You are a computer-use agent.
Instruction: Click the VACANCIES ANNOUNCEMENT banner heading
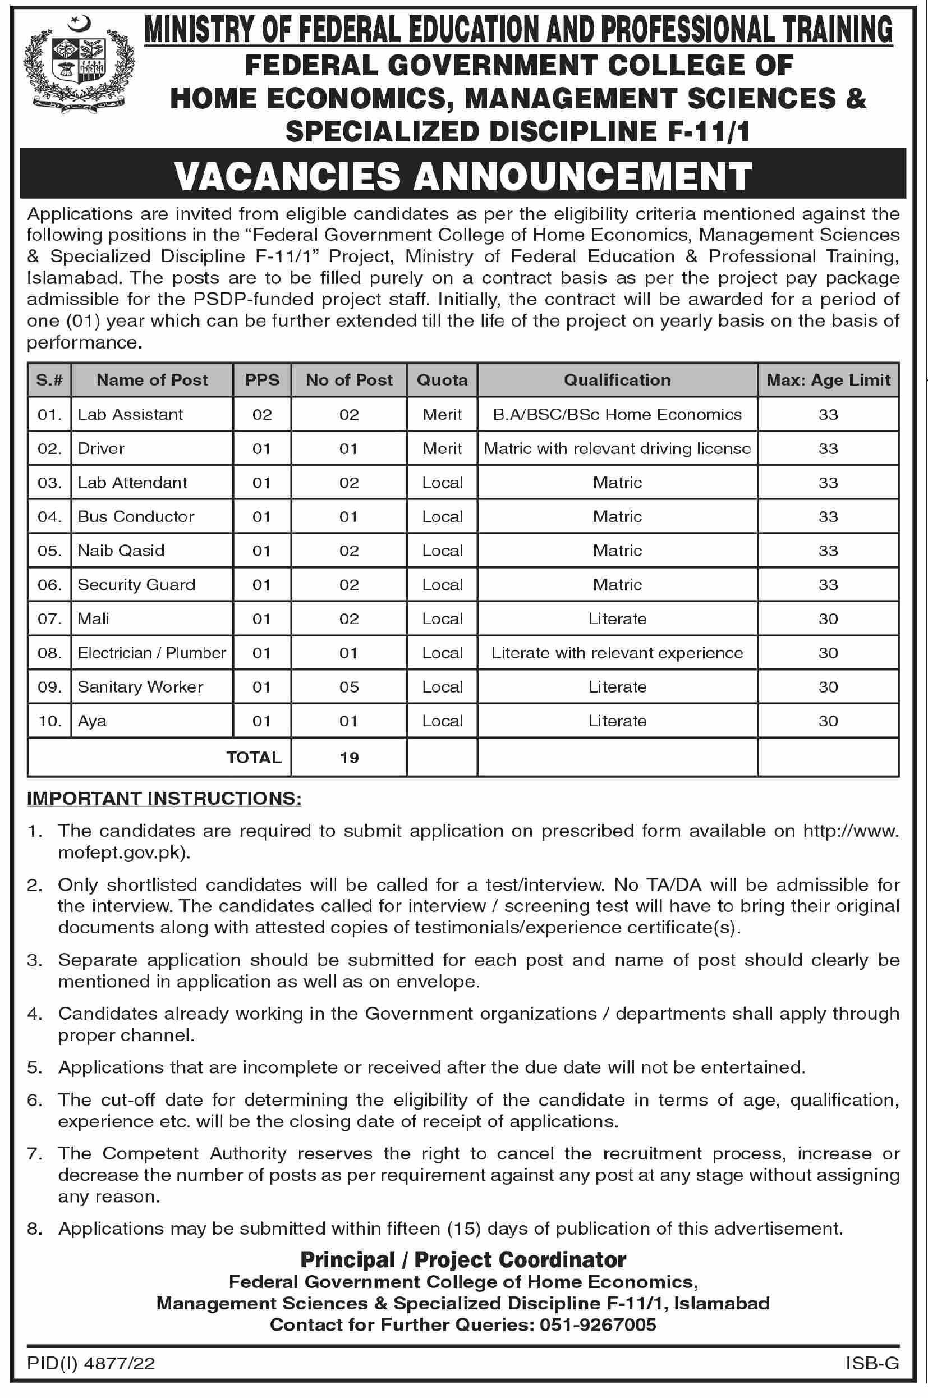pyautogui.click(x=463, y=176)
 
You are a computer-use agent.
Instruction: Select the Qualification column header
pyautogui.click(x=617, y=380)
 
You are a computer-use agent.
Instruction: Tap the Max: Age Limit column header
pyautogui.click(x=828, y=380)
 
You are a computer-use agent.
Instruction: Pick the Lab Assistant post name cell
pyautogui.click(x=131, y=414)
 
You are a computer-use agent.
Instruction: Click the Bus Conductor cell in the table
pyautogui.click(x=136, y=517)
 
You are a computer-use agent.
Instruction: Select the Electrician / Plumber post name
pyautogui.click(x=151, y=653)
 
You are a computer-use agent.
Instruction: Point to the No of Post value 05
pyautogui.click(x=348, y=687)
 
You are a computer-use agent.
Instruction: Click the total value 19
pyautogui.click(x=349, y=758)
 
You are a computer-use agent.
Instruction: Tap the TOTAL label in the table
pyautogui.click(x=254, y=758)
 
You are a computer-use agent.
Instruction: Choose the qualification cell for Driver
pyautogui.click(x=617, y=448)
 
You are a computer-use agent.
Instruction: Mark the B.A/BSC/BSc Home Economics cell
pyautogui.click(x=617, y=414)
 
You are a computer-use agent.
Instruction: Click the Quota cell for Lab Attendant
pyautogui.click(x=442, y=483)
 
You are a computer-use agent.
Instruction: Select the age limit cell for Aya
pyautogui.click(x=828, y=721)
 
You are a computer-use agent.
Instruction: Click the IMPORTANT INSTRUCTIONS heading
pyautogui.click(x=164, y=799)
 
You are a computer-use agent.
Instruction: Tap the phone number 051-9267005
pyautogui.click(x=598, y=1324)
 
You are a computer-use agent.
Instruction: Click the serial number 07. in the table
pyautogui.click(x=50, y=619)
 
